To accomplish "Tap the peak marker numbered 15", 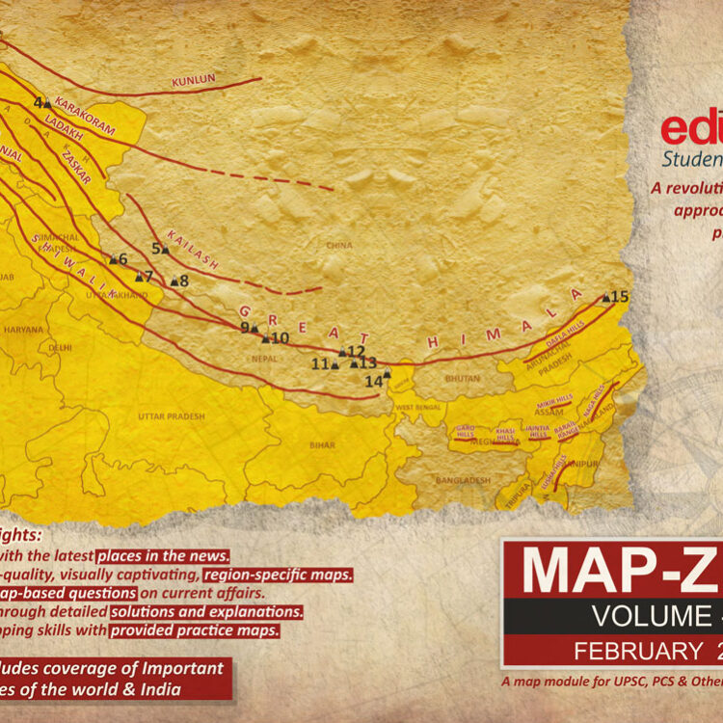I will click(x=606, y=298).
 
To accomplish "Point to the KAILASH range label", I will click(x=193, y=249).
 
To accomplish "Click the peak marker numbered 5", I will click(x=166, y=250).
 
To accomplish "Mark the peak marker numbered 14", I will click(x=113, y=259).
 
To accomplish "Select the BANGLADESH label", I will click(x=463, y=480).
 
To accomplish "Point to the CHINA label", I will click(x=338, y=246).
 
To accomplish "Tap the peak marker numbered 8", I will click(x=174, y=282).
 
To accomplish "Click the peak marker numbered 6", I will click(x=113, y=259).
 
